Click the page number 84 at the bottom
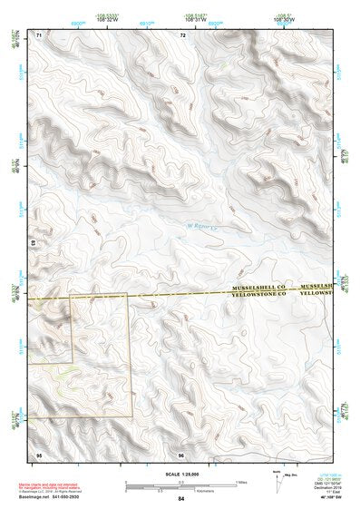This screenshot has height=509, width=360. point(181,499)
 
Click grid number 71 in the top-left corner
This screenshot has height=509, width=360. point(38,34)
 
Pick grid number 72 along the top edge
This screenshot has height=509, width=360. point(182,34)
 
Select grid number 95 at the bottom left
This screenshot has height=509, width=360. point(38,455)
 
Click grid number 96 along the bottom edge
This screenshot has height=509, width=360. point(182,455)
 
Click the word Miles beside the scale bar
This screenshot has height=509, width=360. point(240,482)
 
